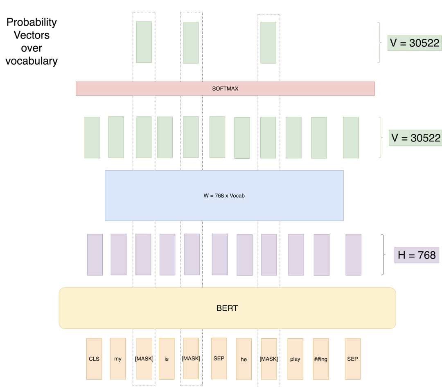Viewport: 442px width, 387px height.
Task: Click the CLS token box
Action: pos(94,359)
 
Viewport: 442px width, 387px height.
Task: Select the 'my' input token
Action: pos(118,359)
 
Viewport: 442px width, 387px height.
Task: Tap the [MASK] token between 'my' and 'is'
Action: pos(144,359)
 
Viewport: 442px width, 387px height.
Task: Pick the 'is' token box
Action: pos(167,359)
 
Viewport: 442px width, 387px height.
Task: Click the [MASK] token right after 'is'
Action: pos(191,359)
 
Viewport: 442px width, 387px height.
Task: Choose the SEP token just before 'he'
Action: pos(219,358)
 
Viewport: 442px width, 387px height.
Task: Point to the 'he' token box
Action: pos(244,360)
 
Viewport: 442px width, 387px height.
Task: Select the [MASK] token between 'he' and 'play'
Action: pos(269,359)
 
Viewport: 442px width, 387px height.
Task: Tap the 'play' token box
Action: pos(295,359)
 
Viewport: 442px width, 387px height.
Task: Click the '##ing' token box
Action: pos(321,359)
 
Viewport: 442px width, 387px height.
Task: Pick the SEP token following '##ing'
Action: pos(352,358)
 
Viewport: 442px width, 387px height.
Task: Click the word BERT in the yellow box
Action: pos(227,308)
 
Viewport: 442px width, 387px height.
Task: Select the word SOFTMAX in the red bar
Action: pos(225,89)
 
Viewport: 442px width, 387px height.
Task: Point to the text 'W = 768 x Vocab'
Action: pos(224,196)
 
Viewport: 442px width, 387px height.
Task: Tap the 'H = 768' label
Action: pos(417,255)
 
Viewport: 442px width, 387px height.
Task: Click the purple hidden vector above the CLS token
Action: pos(95,255)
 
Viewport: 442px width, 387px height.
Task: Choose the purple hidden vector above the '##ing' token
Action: pos(322,255)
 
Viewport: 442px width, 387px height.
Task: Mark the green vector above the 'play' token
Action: pos(293,137)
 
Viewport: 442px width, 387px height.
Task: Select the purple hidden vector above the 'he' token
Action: pos(245,255)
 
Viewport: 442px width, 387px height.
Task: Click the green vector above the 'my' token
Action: pos(116,137)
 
